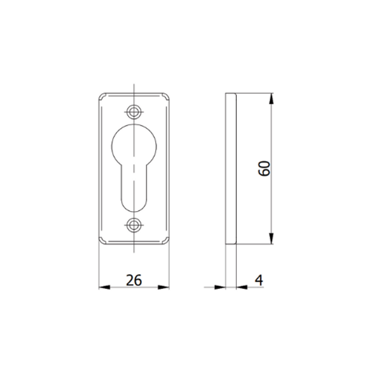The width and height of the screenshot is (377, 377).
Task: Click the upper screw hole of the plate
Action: (134, 112)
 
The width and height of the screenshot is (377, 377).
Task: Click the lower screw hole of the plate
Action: (134, 224)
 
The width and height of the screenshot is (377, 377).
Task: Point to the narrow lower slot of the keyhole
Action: (134, 188)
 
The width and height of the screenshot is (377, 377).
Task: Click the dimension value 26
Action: (133, 280)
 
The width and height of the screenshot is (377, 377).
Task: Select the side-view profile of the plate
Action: (231, 168)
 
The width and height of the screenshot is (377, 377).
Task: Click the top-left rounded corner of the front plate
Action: (101, 97)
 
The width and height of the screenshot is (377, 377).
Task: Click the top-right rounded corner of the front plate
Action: (168, 97)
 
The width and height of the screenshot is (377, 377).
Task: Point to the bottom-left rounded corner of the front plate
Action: (101, 241)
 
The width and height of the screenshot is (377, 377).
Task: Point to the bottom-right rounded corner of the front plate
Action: (168, 241)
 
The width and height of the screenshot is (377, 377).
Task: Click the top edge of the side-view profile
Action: (231, 94)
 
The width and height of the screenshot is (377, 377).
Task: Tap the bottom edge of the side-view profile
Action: (231, 244)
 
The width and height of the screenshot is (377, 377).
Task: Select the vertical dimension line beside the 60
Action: (271, 138)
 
